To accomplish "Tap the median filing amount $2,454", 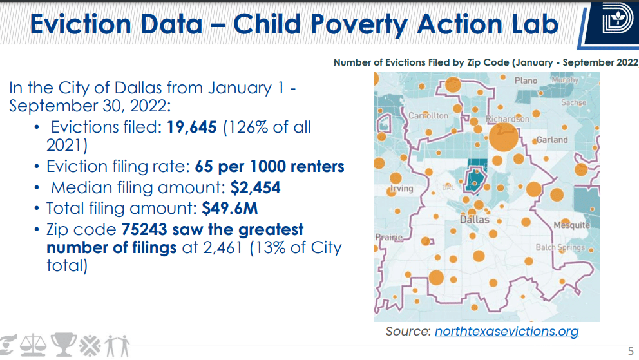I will click(256, 188).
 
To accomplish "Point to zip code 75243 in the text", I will click(142, 229).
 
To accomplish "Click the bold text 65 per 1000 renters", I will click(269, 167).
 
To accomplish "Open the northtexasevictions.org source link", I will click(506, 332).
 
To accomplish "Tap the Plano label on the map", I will click(526, 81).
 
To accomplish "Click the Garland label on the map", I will click(552, 140).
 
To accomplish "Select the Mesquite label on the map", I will click(571, 225).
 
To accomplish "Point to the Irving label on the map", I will click(401, 189).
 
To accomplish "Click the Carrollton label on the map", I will click(428, 116).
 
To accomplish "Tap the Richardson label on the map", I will click(508, 119).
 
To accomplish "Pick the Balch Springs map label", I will click(560, 247).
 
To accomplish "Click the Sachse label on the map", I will click(573, 103).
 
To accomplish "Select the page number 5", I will click(631, 351).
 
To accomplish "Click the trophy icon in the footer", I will click(64, 345).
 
